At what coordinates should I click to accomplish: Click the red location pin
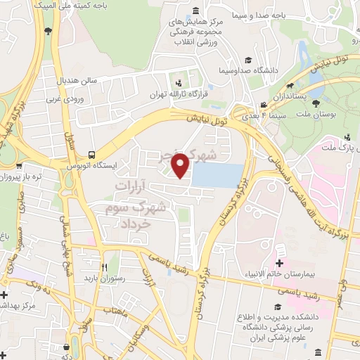point(181,167)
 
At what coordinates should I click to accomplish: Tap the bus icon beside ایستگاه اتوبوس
point(92,155)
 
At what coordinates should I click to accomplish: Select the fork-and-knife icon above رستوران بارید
point(104,267)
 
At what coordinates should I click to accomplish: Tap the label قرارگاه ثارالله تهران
point(174,92)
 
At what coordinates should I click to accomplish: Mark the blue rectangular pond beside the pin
point(217,175)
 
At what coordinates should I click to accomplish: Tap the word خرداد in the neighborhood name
point(138,222)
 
